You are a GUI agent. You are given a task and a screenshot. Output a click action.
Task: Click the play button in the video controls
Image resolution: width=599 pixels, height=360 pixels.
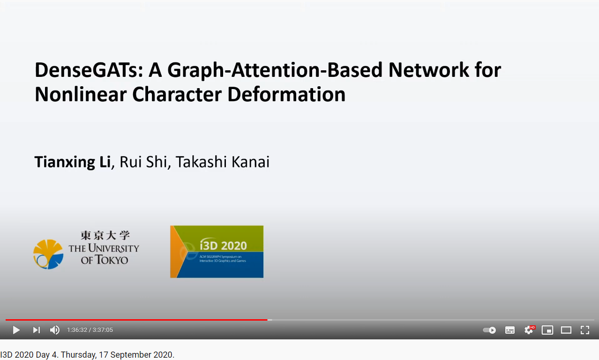[16, 330]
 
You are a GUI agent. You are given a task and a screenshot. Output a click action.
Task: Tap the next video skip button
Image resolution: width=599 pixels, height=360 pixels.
[36, 330]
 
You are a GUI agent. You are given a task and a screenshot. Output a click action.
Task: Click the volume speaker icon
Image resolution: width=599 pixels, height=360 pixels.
[55, 330]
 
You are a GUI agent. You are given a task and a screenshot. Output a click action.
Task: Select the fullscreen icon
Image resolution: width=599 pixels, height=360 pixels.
[584, 330]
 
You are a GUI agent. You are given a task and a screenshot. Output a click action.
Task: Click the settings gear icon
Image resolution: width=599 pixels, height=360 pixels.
[529, 330]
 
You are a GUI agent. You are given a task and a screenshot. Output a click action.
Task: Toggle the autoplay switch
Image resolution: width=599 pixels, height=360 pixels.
[489, 330]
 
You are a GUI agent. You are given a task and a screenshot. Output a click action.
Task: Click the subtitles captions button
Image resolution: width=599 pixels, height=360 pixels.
[510, 330]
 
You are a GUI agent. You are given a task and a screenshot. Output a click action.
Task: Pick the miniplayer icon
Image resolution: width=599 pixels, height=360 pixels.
[547, 330]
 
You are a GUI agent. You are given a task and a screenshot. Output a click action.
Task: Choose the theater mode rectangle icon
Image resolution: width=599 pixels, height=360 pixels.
[566, 330]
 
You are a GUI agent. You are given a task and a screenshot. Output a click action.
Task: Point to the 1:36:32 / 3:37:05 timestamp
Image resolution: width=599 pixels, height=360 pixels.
[90, 330]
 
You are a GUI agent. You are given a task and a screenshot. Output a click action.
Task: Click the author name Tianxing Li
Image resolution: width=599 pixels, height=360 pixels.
[73, 162]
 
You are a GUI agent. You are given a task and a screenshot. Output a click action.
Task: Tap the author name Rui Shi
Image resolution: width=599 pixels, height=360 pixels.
[143, 162]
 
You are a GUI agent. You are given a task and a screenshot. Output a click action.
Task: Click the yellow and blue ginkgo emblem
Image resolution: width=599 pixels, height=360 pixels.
[48, 254]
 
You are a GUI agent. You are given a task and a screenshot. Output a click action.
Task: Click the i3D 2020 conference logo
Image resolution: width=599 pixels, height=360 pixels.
[217, 252]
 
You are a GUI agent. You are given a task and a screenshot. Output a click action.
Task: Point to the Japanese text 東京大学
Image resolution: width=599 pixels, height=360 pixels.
[105, 235]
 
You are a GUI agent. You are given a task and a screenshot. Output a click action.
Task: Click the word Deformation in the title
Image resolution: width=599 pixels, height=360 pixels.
[286, 95]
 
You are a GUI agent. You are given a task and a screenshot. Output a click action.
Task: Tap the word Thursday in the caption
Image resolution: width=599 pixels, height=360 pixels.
[78, 355]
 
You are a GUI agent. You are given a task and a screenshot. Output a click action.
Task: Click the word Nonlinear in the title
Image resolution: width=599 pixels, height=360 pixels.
[81, 95]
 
